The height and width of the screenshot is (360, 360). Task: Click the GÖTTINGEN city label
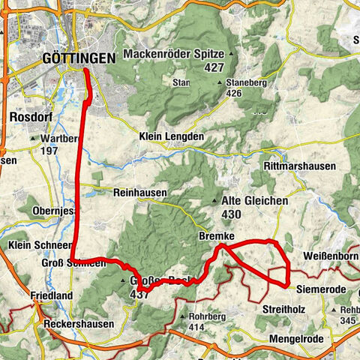[x=79, y=58]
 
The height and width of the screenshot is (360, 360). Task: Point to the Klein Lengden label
[x=172, y=136]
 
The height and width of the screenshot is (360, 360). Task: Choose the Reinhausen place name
[x=139, y=193]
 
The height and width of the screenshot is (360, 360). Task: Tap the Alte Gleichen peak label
[x=252, y=201]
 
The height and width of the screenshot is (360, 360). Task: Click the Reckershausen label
[x=78, y=324]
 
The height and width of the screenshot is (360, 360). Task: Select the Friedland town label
[x=52, y=296]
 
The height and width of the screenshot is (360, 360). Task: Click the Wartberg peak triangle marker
[x=33, y=139]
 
